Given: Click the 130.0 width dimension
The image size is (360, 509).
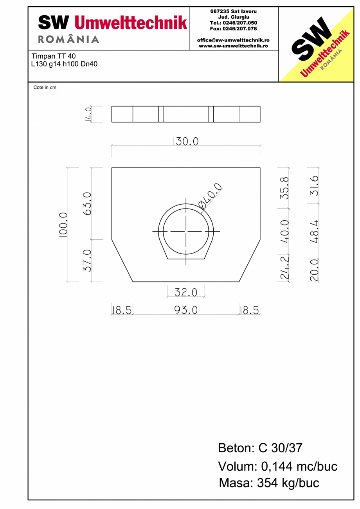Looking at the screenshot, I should pyautogui.click(x=186, y=141).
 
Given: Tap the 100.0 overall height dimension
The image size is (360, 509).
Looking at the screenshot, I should pyautogui.click(x=63, y=225).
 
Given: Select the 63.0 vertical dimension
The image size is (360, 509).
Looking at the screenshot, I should pyautogui.click(x=87, y=203).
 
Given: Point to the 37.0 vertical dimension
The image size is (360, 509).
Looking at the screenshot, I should pyautogui.click(x=87, y=261).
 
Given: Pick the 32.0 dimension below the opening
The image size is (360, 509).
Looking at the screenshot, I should pyautogui.click(x=186, y=292).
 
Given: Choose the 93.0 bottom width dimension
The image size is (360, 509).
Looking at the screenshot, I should pyautogui.click(x=186, y=310).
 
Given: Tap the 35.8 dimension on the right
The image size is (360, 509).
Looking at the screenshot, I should pyautogui.click(x=285, y=188).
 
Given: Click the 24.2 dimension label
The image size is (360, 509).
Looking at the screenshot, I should pyautogui.click(x=285, y=268).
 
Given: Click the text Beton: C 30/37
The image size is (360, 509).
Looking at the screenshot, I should pyautogui.click(x=260, y=448).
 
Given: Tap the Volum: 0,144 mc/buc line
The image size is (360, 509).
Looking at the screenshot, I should pyautogui.click(x=277, y=466).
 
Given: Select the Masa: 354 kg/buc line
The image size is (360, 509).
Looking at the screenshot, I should pyautogui.click(x=269, y=483).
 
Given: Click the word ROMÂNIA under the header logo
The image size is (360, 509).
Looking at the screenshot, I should pyautogui.click(x=68, y=39).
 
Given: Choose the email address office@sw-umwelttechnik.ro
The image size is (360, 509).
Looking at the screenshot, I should pyautogui.click(x=233, y=40).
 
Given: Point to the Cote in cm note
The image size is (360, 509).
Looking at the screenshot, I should pyautogui.click(x=45, y=88).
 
